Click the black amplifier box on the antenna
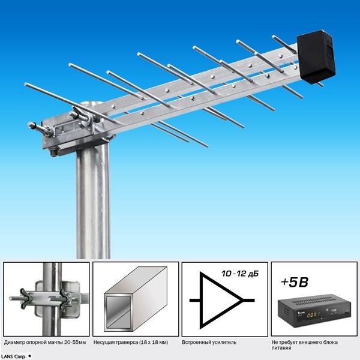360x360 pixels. [x=316, y=56]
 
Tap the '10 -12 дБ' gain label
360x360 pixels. [x=240, y=274]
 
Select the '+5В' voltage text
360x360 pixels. [x=295, y=282]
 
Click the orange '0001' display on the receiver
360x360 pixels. [x=313, y=314]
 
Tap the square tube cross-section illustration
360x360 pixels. [x=136, y=299]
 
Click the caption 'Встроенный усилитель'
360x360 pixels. [x=209, y=343]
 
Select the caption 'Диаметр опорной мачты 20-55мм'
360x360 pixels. [x=45, y=343]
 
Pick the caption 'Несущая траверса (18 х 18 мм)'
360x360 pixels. [x=131, y=343]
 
